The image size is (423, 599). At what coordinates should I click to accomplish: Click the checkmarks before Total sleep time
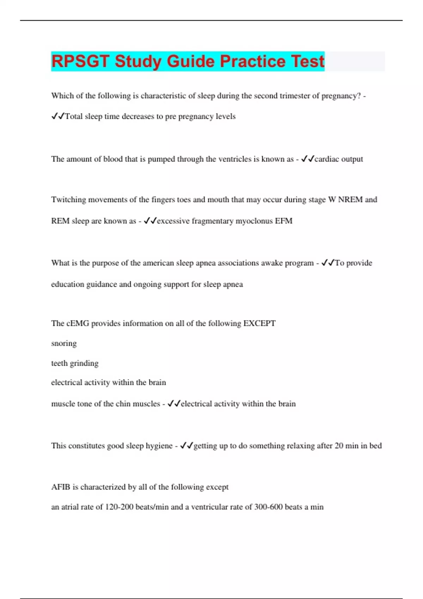click(x=58, y=116)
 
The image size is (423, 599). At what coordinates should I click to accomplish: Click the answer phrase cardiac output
click(x=338, y=159)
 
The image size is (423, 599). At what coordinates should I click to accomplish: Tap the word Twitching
click(x=68, y=200)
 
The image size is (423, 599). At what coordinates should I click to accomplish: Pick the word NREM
click(x=350, y=200)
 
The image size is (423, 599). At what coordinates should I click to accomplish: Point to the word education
click(x=67, y=284)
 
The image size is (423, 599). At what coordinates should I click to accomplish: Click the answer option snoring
click(x=64, y=344)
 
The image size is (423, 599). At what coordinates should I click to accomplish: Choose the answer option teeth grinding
click(x=75, y=363)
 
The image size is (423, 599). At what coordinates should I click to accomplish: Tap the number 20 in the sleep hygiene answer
click(x=339, y=446)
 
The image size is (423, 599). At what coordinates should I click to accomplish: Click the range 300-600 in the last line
click(x=268, y=507)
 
